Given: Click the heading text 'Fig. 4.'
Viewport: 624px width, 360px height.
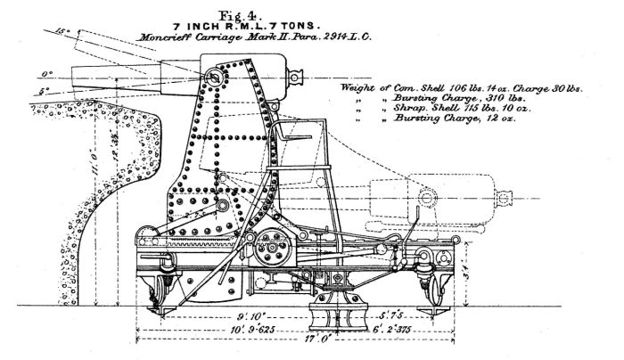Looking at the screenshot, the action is [312, 10].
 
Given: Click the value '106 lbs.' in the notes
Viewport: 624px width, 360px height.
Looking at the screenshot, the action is [462, 88].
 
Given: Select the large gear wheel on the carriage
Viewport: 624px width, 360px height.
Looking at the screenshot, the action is [270, 252].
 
